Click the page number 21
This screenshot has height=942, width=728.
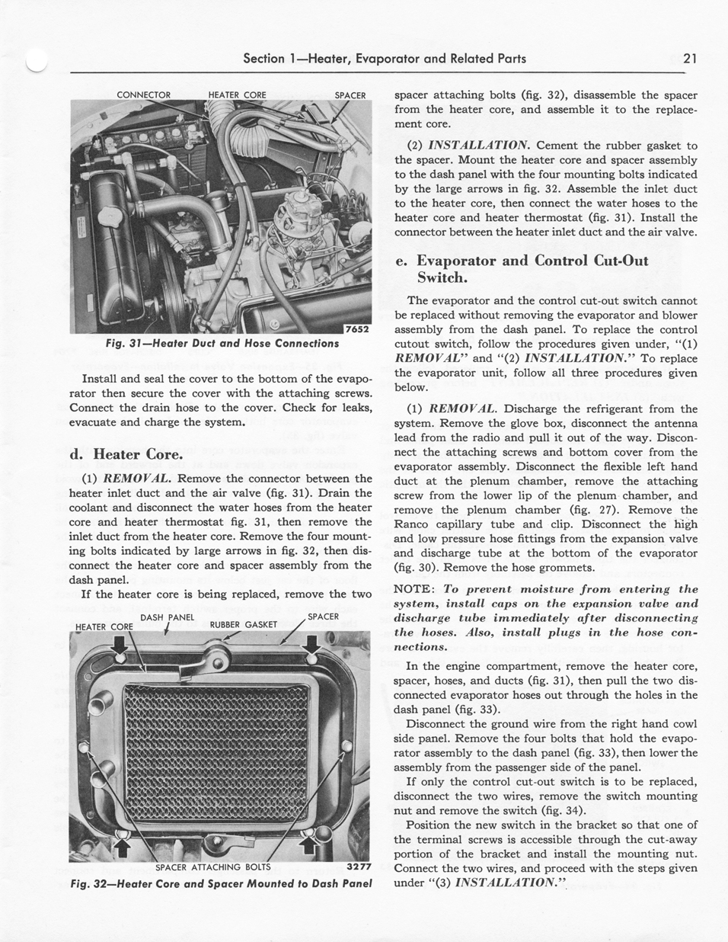[691, 58]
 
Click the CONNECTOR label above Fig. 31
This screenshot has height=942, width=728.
[143, 95]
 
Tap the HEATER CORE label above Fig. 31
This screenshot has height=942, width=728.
[237, 95]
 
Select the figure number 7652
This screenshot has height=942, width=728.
[356, 329]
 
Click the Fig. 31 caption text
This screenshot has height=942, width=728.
[222, 344]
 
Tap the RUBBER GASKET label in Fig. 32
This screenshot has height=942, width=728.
[243, 624]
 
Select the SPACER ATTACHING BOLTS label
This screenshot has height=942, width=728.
[212, 867]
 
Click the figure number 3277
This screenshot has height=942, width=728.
[357, 867]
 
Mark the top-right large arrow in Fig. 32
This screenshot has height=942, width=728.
[311, 649]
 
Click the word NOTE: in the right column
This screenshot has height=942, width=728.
[413, 589]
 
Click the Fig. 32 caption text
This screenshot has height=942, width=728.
[220, 884]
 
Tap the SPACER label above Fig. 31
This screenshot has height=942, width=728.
[350, 95]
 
